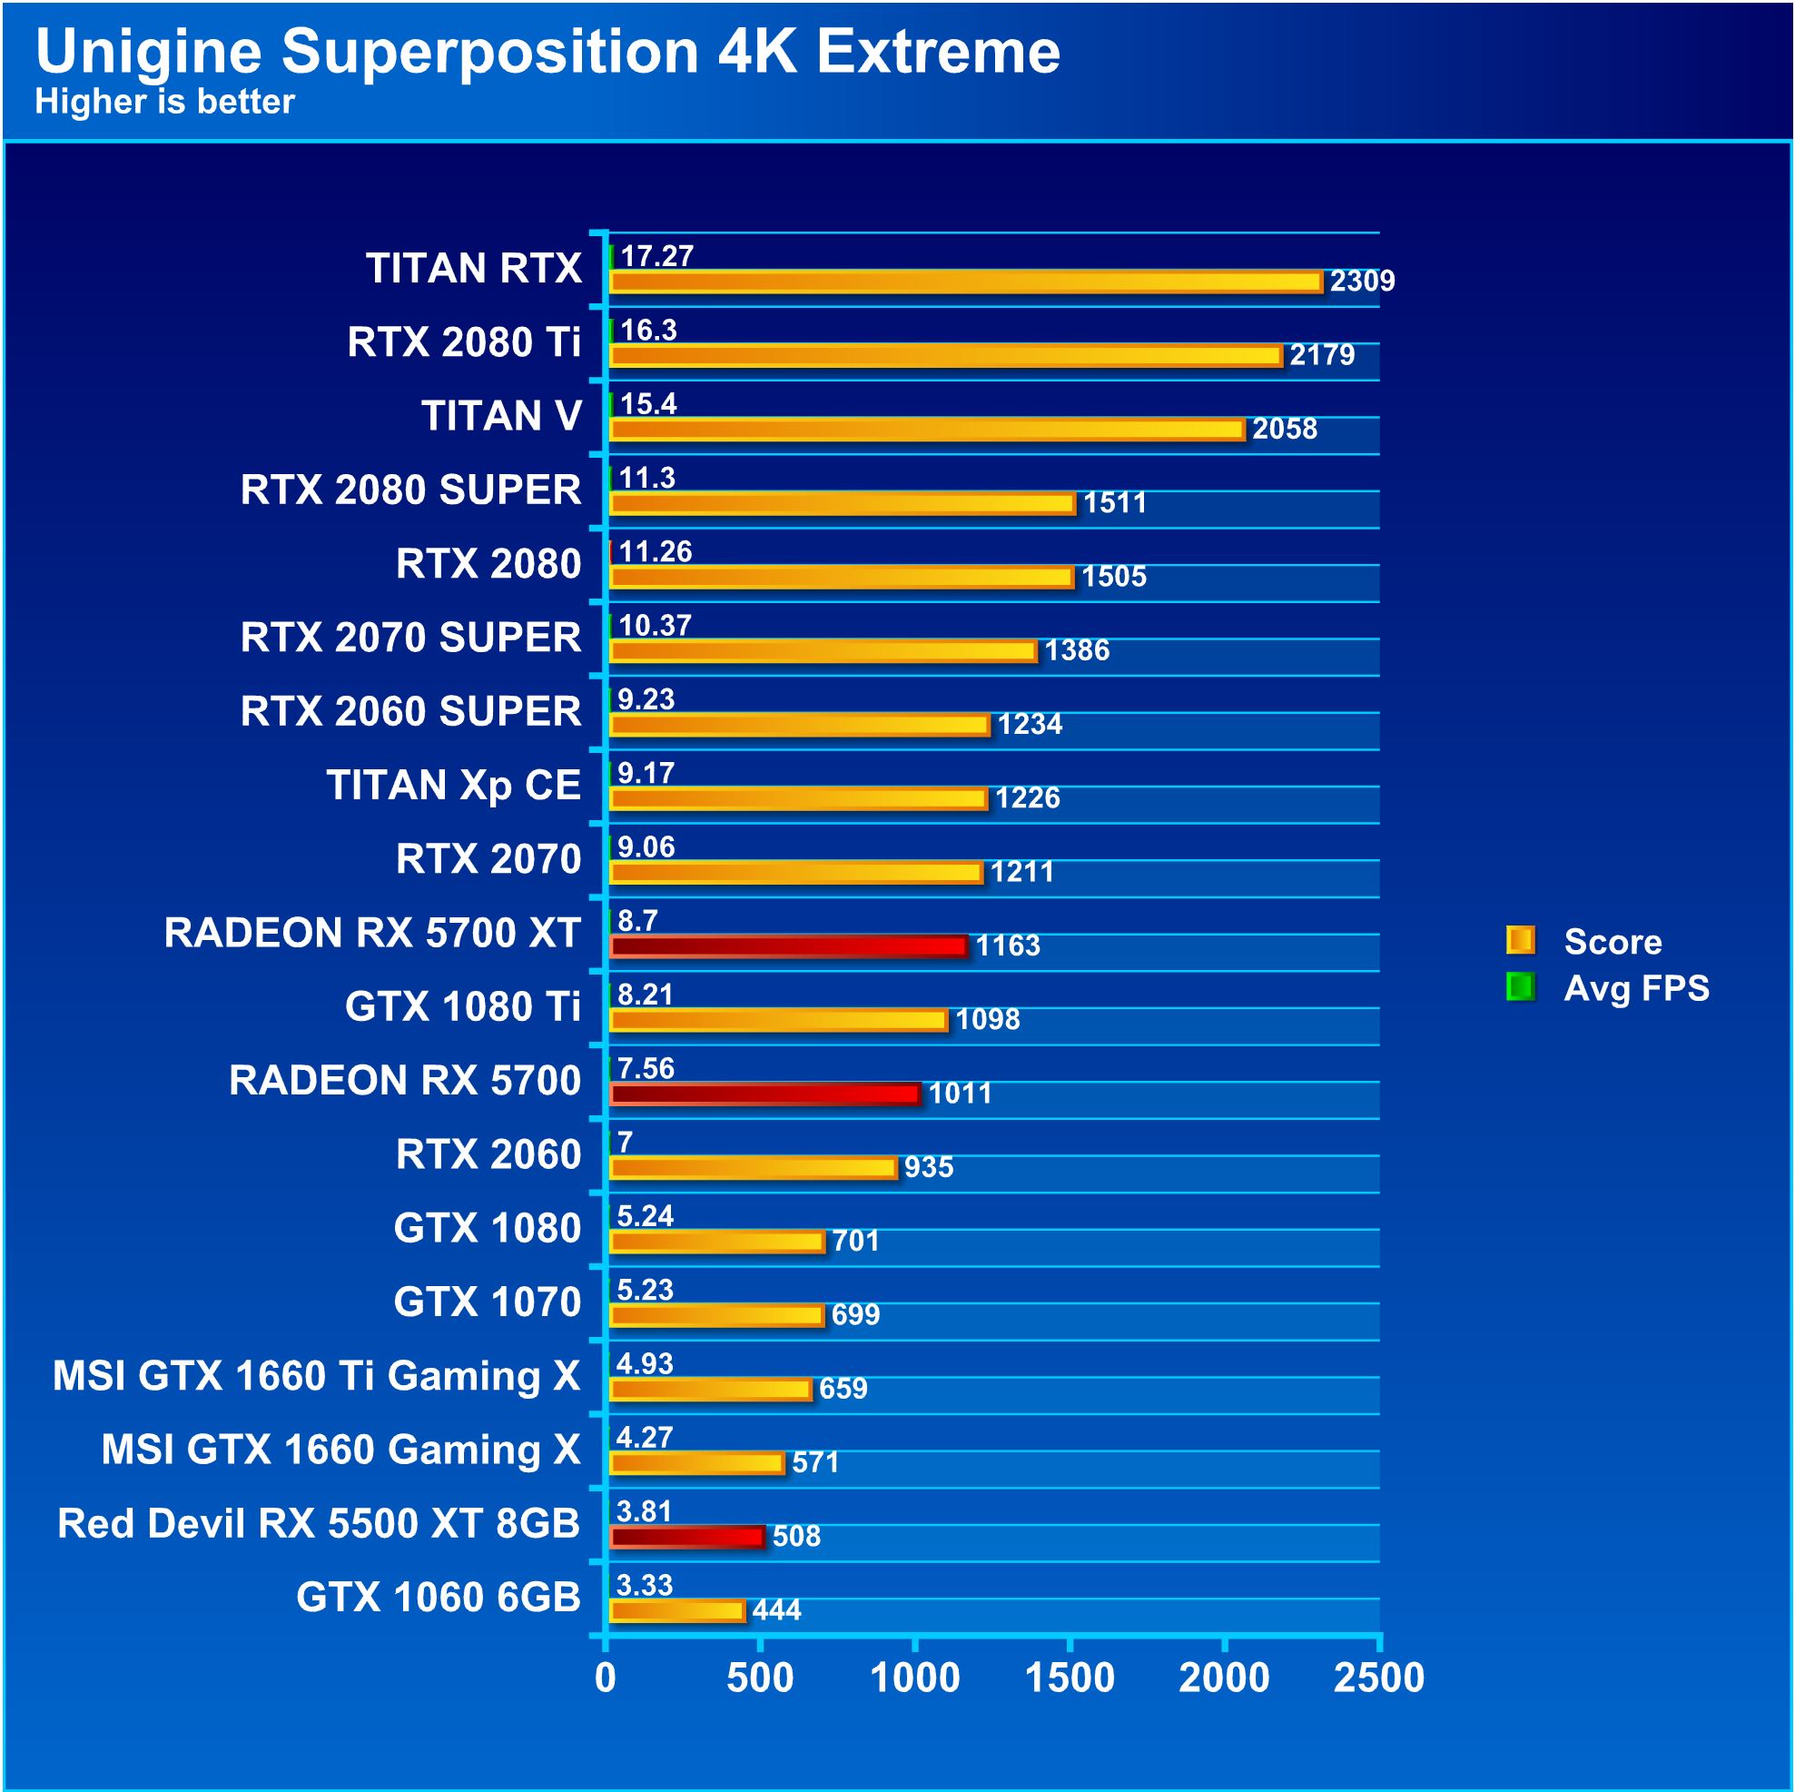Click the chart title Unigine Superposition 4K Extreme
click(547, 51)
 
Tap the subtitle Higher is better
click(164, 102)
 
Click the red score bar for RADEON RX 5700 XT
click(788, 946)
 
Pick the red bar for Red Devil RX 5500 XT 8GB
click(686, 1537)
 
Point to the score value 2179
click(1321, 355)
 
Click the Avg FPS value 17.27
click(656, 255)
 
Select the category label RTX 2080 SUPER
click(409, 490)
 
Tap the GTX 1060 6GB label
click(438, 1597)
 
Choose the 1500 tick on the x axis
click(1070, 1678)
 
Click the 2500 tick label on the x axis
click(1379, 1678)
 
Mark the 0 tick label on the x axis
click(606, 1678)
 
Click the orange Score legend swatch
click(1520, 941)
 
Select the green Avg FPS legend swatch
click(1520, 987)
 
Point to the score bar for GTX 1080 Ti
click(779, 1021)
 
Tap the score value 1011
click(960, 1093)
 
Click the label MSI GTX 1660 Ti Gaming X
click(316, 1376)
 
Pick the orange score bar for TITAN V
click(926, 430)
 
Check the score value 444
click(775, 1609)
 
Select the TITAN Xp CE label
click(453, 786)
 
